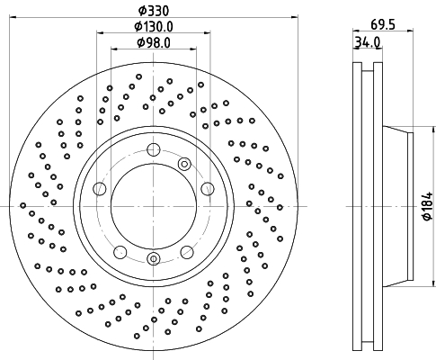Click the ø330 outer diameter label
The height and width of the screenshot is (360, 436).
pyautogui.click(x=154, y=11)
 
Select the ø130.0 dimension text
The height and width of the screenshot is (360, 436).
pyautogui.click(x=154, y=27)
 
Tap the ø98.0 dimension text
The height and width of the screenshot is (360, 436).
pyautogui.click(x=154, y=43)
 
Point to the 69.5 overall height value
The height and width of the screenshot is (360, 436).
pyautogui.click(x=383, y=24)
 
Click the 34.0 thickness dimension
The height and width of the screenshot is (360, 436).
pyautogui.click(x=368, y=42)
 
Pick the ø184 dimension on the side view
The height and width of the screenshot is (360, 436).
pyautogui.click(x=428, y=206)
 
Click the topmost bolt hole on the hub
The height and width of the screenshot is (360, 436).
pyautogui.click(x=154, y=149)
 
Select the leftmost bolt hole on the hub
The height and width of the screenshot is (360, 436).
pyautogui.click(x=100, y=189)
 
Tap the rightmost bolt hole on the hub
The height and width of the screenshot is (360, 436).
pyautogui.click(x=208, y=189)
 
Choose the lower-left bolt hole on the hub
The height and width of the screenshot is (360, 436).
pyautogui.click(x=120, y=252)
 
